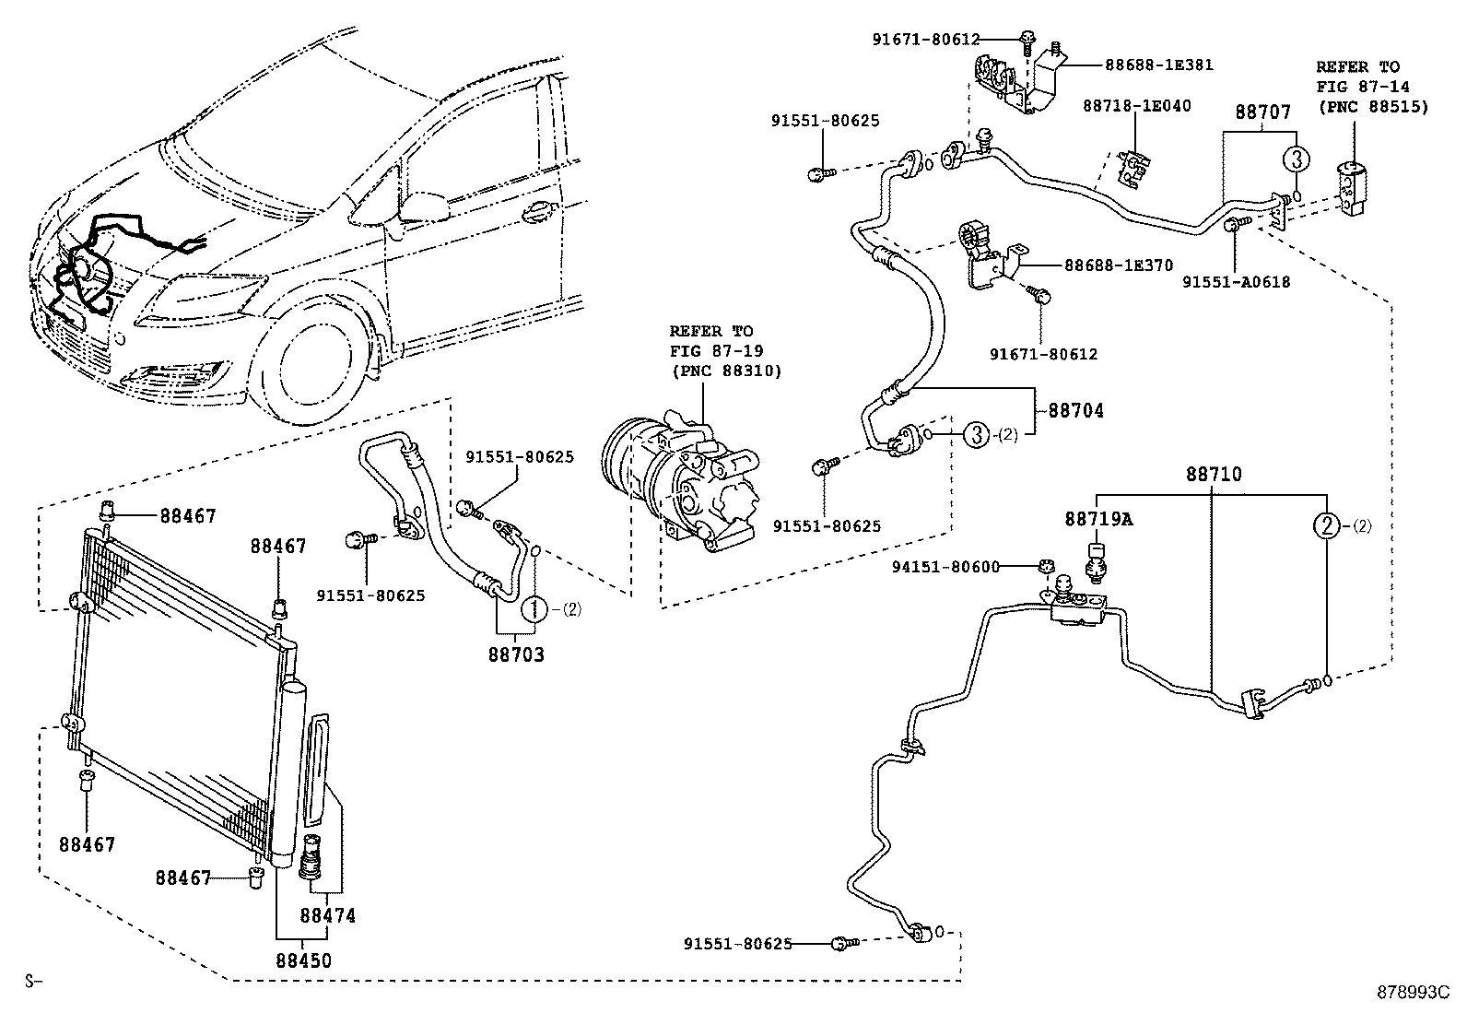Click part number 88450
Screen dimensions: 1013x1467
tap(303, 960)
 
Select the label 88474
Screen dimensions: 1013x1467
tap(327, 916)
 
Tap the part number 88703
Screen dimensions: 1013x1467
tap(516, 655)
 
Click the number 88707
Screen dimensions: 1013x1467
tap(1262, 112)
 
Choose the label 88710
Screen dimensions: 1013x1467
tap(1214, 475)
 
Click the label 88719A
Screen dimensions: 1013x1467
tap(1098, 519)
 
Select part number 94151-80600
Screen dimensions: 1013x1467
tap(945, 567)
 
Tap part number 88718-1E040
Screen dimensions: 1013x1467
tap(1136, 106)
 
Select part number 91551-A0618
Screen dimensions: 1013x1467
tap(1236, 282)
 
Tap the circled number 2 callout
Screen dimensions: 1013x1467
tap(1325, 526)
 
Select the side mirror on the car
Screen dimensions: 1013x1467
tap(419, 206)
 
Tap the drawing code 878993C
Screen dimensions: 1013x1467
tap(1413, 993)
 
